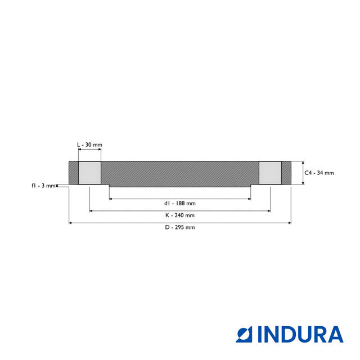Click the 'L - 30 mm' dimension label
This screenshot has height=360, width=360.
[x=89, y=145]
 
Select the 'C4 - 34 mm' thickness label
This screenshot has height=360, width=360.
[x=319, y=173]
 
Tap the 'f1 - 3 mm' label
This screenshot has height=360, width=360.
[x=43, y=186]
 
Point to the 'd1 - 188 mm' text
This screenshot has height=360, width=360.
[x=180, y=203]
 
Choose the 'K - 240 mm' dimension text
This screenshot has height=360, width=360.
[x=180, y=215]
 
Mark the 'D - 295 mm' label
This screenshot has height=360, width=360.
[x=180, y=227]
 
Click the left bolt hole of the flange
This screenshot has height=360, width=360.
[x=89, y=173]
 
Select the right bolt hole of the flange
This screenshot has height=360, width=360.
[x=270, y=173]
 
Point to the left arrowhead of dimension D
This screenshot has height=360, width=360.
[x=70, y=223]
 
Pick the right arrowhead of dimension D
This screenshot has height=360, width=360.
[x=289, y=223]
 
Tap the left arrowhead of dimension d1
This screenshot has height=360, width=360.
[x=111, y=199]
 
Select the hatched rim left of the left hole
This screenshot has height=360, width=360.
[x=73, y=173]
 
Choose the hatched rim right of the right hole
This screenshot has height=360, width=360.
[x=286, y=173]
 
